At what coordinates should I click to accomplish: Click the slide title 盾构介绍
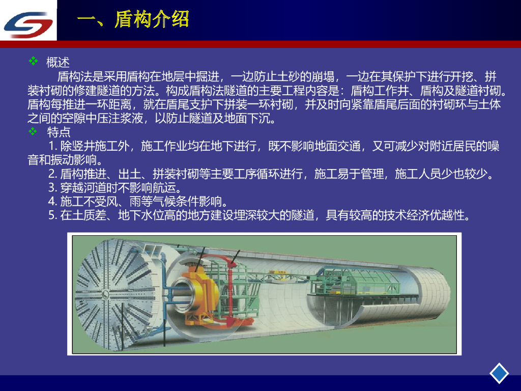point(152,19)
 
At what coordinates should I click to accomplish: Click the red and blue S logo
point(28,24)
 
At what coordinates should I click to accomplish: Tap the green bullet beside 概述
point(33,61)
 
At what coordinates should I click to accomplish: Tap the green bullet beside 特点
point(33,131)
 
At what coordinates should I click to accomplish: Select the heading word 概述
point(58,62)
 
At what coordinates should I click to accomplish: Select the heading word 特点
point(59,132)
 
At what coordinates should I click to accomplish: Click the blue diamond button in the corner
point(499,373)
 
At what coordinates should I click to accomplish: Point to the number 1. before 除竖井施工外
point(53,146)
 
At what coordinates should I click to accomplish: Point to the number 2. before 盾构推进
point(53,174)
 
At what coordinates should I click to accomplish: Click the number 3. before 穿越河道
point(53,188)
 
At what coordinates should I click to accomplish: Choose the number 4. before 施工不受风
point(53,202)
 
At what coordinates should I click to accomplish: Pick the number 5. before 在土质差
point(53,215)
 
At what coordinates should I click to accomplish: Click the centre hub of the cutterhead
point(105,294)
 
